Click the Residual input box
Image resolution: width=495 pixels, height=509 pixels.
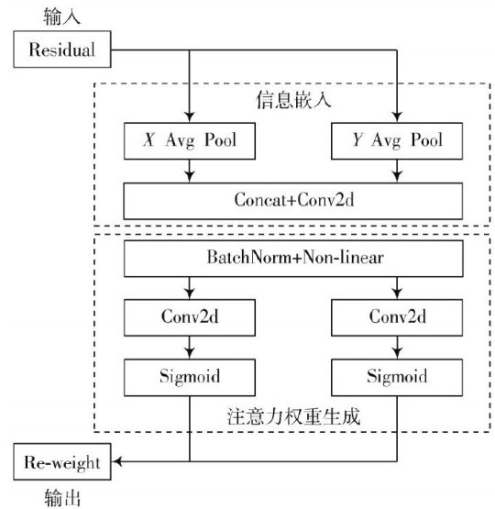click(x=62, y=50)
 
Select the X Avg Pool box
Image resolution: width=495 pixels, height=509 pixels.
click(x=190, y=141)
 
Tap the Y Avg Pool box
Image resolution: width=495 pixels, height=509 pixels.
click(x=397, y=141)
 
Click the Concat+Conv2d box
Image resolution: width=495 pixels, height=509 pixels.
click(x=293, y=201)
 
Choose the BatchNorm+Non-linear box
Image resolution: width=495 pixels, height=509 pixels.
click(x=293, y=259)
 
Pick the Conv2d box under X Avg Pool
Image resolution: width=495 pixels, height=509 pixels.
click(x=190, y=317)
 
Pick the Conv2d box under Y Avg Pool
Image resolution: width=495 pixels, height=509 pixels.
click(x=397, y=317)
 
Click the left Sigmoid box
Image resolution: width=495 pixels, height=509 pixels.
click(x=190, y=378)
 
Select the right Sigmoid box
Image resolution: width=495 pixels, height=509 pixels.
click(x=397, y=378)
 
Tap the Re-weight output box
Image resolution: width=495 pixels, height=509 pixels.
click(x=62, y=461)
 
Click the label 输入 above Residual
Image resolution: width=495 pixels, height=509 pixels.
click(x=61, y=17)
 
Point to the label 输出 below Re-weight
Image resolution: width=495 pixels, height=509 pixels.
click(x=62, y=498)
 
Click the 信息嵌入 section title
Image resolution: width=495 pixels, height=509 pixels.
click(x=293, y=99)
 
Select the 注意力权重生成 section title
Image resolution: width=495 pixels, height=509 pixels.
click(x=293, y=416)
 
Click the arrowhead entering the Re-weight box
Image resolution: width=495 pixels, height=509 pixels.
click(x=116, y=461)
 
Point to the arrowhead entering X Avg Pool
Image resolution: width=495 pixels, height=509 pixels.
click(x=190, y=116)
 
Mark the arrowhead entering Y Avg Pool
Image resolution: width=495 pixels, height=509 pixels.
click(x=397, y=116)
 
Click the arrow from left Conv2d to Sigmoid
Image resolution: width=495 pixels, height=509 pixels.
click(x=190, y=348)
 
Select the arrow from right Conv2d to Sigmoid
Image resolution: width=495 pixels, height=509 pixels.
click(x=397, y=348)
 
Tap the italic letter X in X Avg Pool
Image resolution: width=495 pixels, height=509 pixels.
click(x=148, y=140)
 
